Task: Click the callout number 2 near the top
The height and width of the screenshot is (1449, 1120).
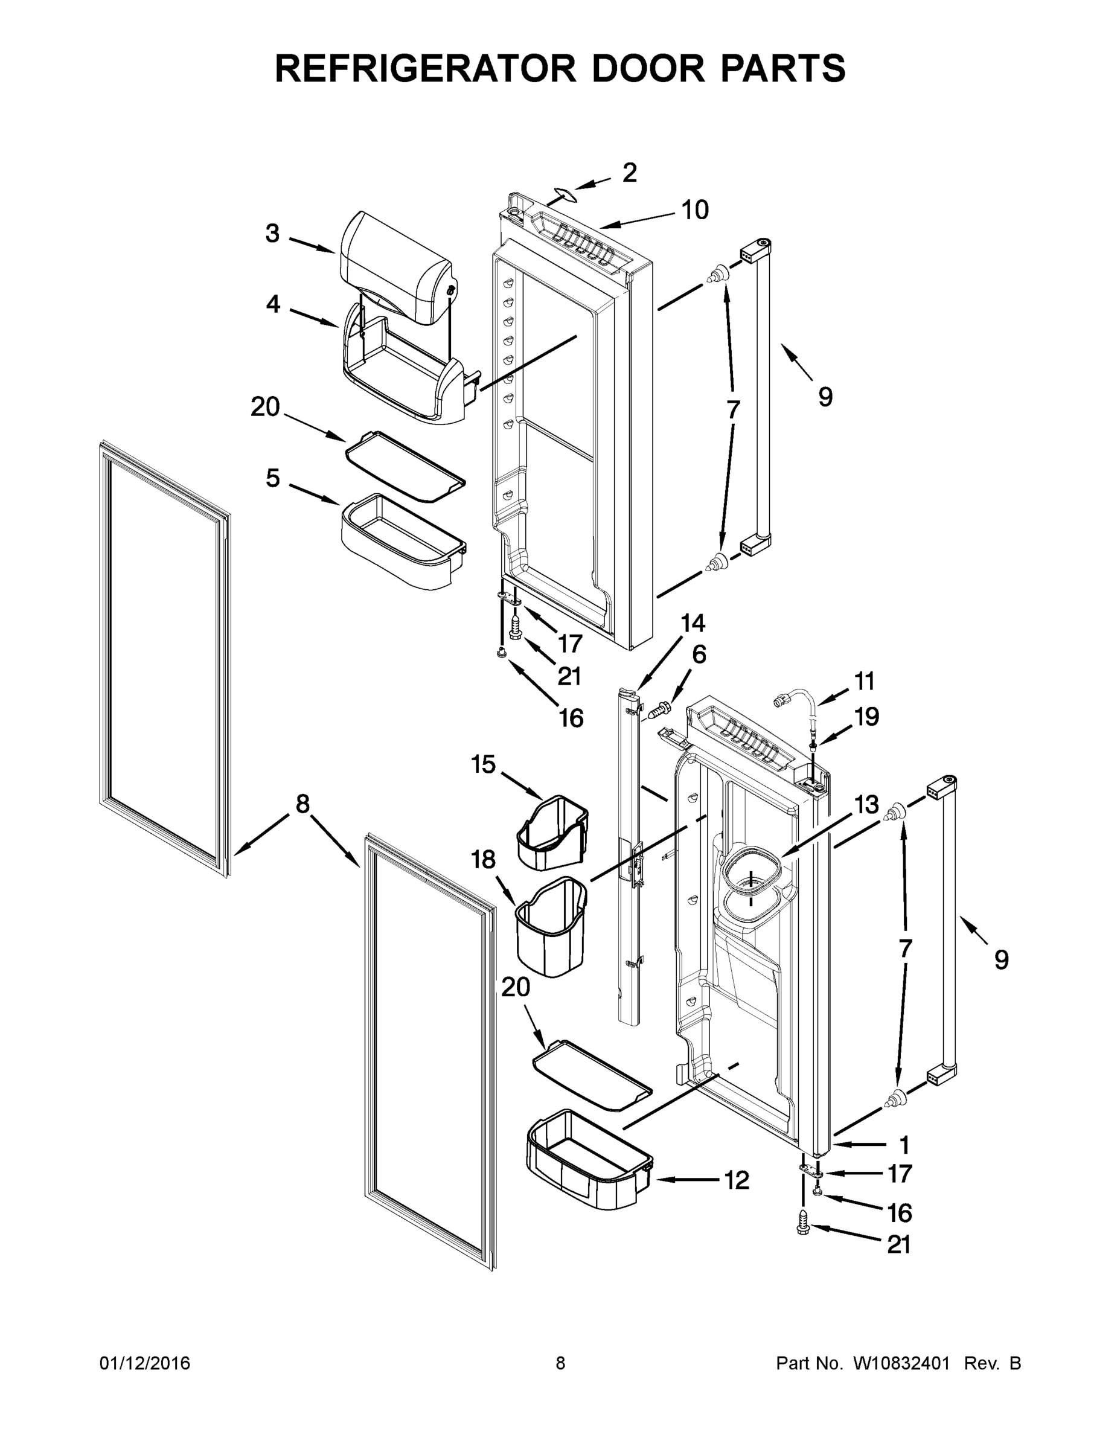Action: [629, 173]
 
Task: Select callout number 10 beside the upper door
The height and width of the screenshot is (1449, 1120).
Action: [695, 210]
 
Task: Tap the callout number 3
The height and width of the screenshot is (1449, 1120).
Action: [273, 234]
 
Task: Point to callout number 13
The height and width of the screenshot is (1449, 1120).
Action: [866, 805]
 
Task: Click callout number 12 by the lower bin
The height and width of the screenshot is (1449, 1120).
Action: [737, 1180]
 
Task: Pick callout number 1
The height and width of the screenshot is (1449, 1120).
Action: [903, 1145]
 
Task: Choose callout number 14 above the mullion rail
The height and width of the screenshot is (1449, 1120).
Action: [693, 622]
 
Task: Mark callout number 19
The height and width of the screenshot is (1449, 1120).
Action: [866, 717]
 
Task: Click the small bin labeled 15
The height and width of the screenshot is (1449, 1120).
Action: [552, 833]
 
